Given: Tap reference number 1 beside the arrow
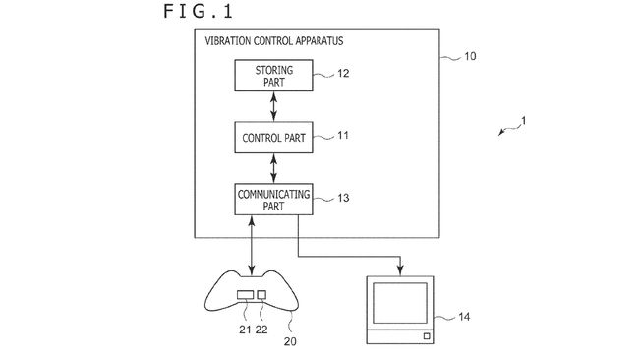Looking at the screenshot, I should click(x=523, y=121).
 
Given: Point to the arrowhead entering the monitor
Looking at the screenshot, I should click(x=400, y=270).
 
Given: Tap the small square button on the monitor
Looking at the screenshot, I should click(x=426, y=336).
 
